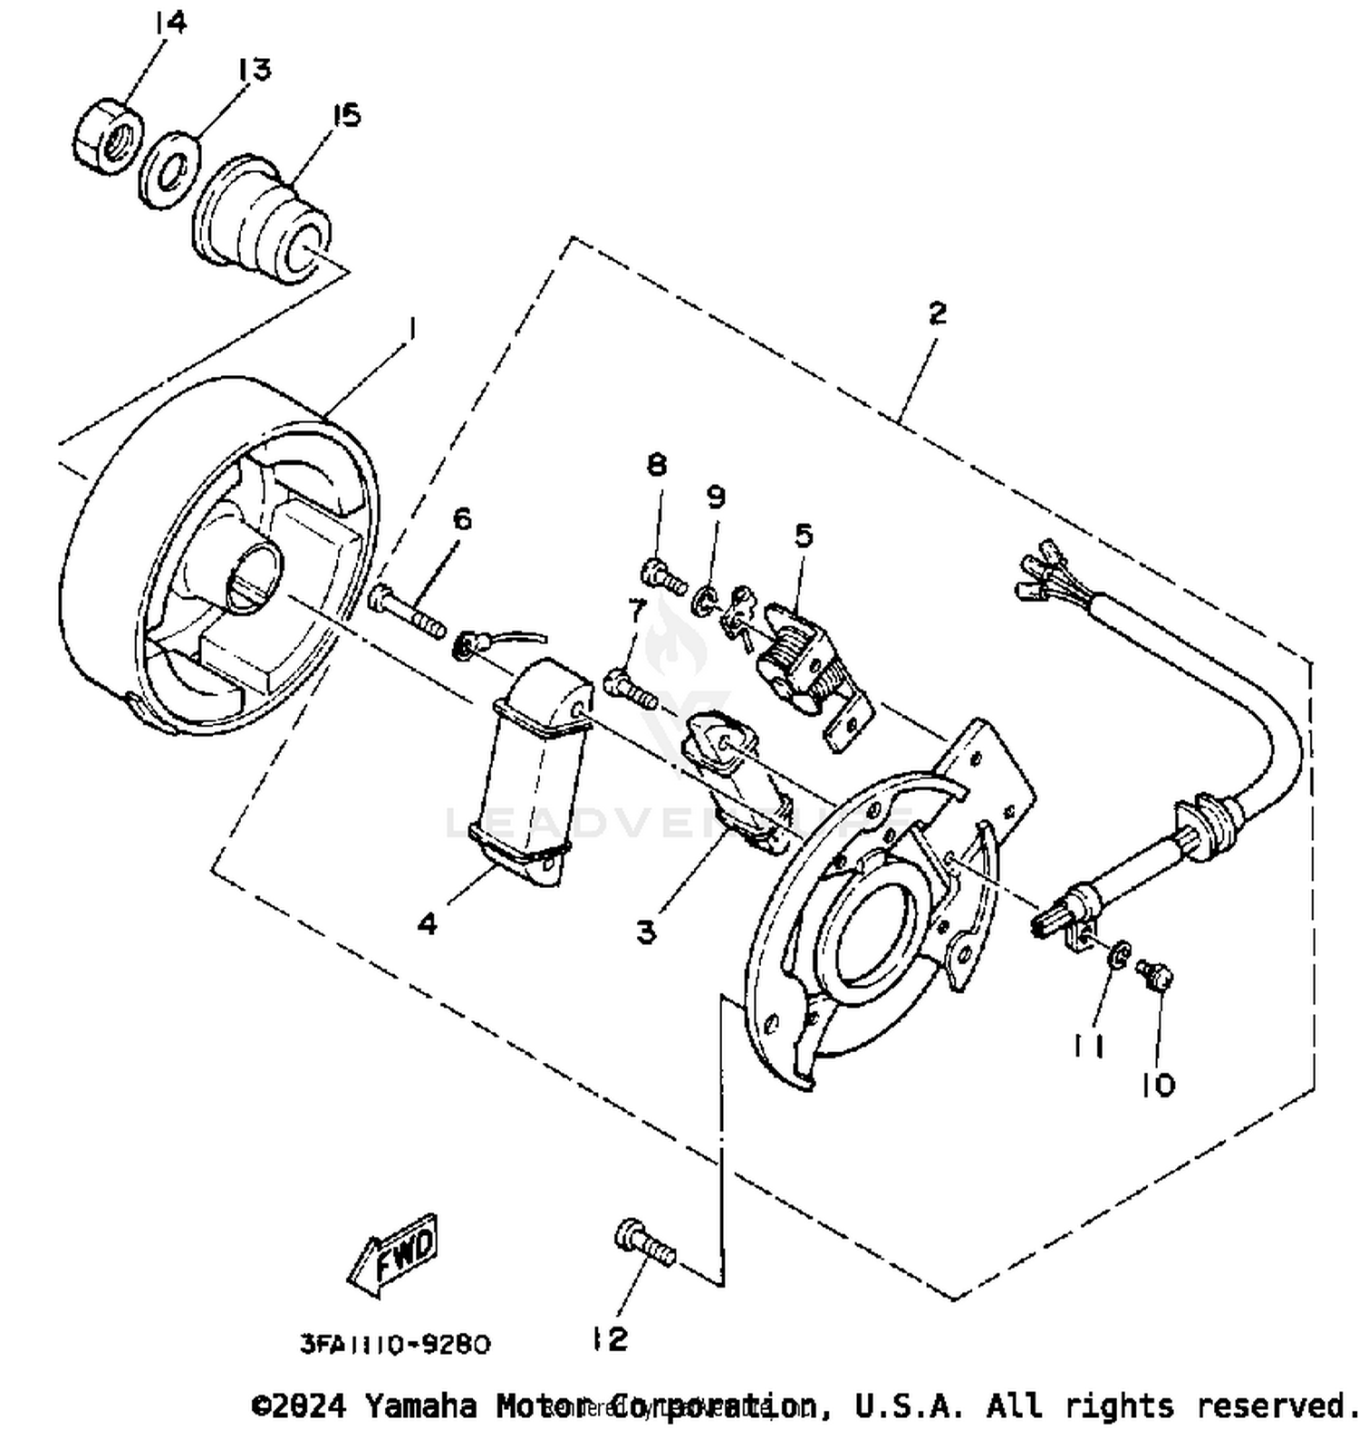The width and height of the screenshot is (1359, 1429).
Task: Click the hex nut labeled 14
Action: [106, 138]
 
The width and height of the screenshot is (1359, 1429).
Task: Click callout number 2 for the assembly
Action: [937, 313]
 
